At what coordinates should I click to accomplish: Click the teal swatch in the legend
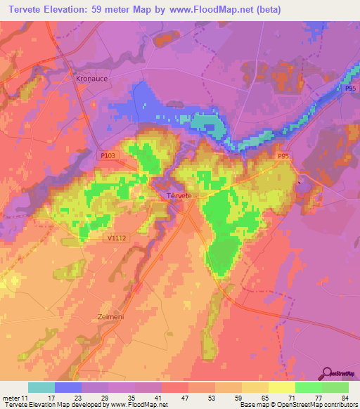point(41,387)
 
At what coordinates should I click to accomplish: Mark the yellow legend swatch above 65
point(255,387)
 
